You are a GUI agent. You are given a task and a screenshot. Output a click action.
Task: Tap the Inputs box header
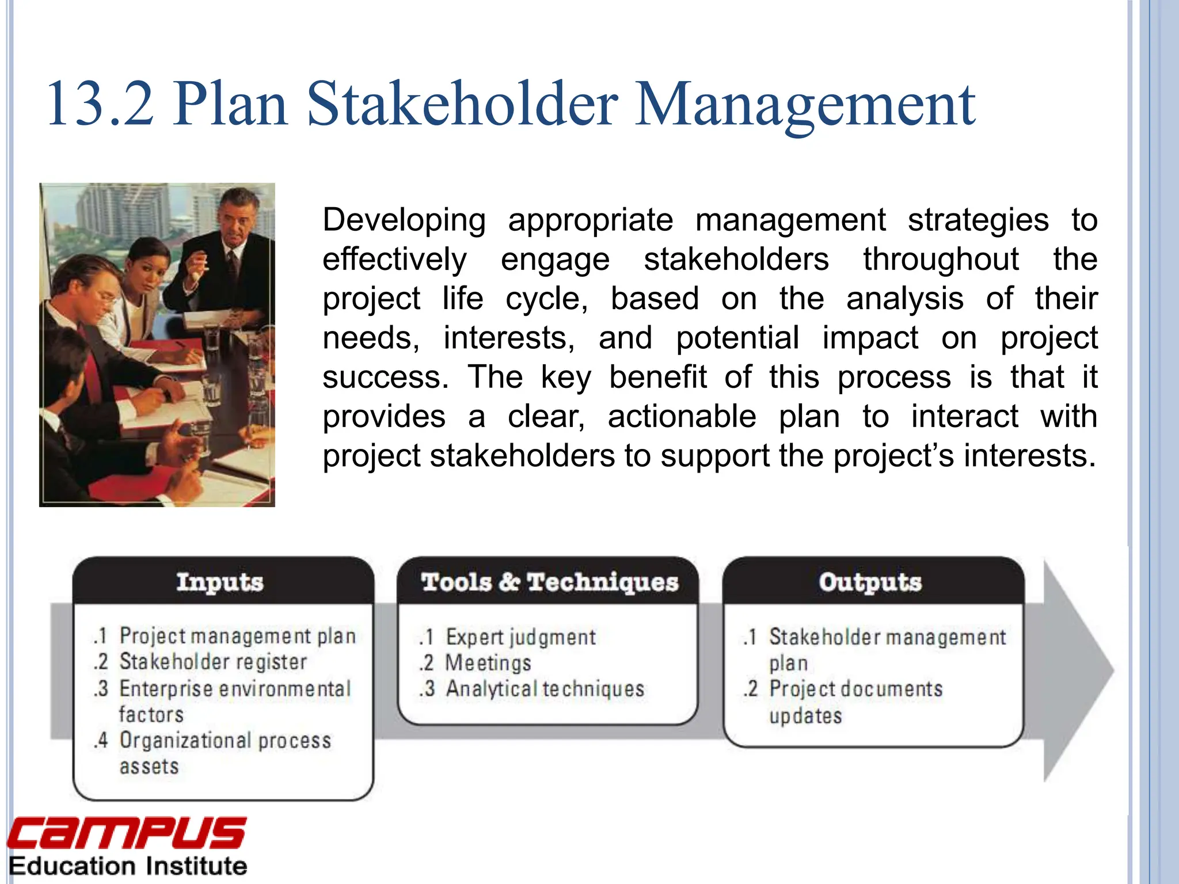pos(219,582)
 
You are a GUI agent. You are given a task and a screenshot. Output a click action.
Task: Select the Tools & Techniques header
pos(549,582)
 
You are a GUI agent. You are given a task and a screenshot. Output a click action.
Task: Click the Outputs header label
pos(870,582)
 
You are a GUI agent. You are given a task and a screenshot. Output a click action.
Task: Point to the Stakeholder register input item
pos(212,662)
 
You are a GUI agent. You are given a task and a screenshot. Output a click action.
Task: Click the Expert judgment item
pos(520,637)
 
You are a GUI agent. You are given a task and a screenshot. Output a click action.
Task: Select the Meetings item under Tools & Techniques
pos(488,663)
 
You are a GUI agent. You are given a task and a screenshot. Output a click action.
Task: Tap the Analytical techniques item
pos(544,689)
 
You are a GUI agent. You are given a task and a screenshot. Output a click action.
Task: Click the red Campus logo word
pos(127,833)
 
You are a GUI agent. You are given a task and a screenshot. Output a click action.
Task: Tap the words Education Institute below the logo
pos(128,866)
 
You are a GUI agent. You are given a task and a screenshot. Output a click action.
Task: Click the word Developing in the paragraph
pos(404,220)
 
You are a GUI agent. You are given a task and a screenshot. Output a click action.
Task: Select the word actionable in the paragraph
pos(682,416)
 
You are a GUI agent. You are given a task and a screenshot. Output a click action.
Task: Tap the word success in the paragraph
pos(385,377)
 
